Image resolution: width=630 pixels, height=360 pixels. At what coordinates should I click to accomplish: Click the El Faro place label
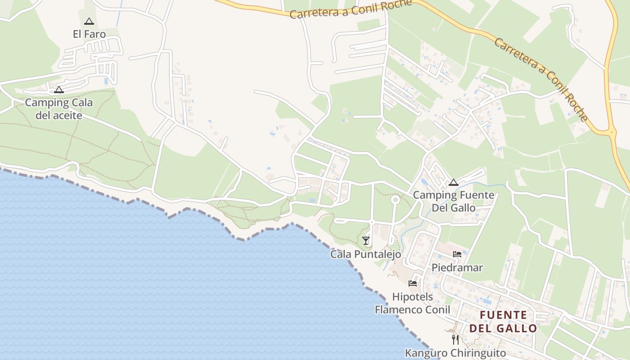pyautogui.click(x=89, y=34)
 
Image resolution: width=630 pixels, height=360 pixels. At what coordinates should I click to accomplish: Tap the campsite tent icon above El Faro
pyautogui.click(x=89, y=21)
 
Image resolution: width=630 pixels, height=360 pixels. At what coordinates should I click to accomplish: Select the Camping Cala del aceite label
pyautogui.click(x=59, y=109)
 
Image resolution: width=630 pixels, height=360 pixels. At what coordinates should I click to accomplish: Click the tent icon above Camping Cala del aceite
pyautogui.click(x=59, y=90)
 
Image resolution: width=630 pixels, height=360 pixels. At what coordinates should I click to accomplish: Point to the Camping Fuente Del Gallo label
pyautogui.click(x=454, y=201)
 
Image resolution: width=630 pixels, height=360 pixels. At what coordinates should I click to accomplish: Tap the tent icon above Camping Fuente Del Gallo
pyautogui.click(x=453, y=182)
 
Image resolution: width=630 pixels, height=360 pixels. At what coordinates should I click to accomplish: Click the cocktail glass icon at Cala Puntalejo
pyautogui.click(x=366, y=241)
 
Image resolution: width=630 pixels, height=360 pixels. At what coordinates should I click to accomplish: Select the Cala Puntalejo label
pyautogui.click(x=365, y=254)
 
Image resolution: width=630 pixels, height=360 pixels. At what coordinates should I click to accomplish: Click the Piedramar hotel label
pyautogui.click(x=457, y=268)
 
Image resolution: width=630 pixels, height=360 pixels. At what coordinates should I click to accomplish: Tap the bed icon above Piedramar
pyautogui.click(x=457, y=254)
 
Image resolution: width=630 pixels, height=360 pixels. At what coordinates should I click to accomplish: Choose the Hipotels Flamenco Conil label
pyautogui.click(x=412, y=303)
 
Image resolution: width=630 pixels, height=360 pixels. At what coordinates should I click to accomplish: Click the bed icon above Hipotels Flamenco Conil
pyautogui.click(x=412, y=283)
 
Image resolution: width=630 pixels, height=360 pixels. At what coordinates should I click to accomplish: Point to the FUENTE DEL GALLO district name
pyautogui.click(x=503, y=321)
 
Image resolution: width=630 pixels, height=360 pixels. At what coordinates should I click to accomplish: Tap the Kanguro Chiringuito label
pyautogui.click(x=455, y=353)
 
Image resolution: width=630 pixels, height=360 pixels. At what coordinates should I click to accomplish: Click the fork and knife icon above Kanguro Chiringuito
pyautogui.click(x=455, y=339)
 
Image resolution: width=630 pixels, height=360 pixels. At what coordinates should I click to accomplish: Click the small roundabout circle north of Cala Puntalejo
pyautogui.click(x=395, y=199)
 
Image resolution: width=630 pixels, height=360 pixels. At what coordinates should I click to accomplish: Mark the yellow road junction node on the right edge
pyautogui.click(x=612, y=132)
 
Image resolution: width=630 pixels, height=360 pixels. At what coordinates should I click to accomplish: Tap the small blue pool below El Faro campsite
pyautogui.click(x=106, y=81)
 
